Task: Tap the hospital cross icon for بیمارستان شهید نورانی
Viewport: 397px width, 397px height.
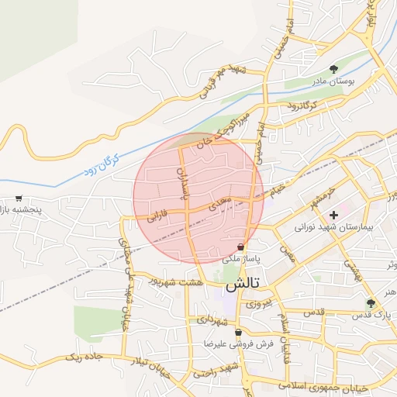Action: point(334,215)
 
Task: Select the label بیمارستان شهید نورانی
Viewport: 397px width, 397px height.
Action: point(334,230)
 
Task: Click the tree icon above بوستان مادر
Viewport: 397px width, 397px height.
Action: point(334,68)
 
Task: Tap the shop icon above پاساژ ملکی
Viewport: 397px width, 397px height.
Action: point(241,247)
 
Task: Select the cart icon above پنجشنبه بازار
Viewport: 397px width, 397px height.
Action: point(19,198)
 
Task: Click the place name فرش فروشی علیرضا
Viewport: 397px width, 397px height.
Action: point(229,343)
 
